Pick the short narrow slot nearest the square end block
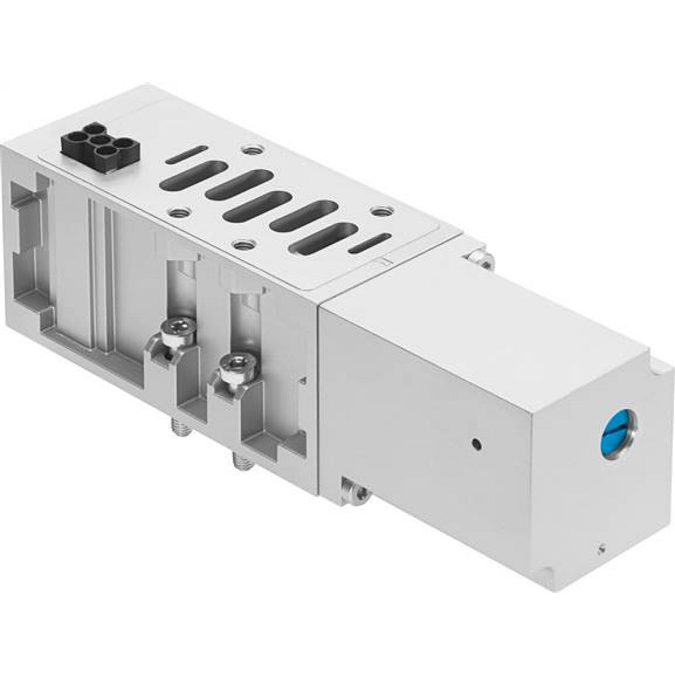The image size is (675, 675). click(369, 244)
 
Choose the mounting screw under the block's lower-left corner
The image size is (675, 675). click(356, 490)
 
